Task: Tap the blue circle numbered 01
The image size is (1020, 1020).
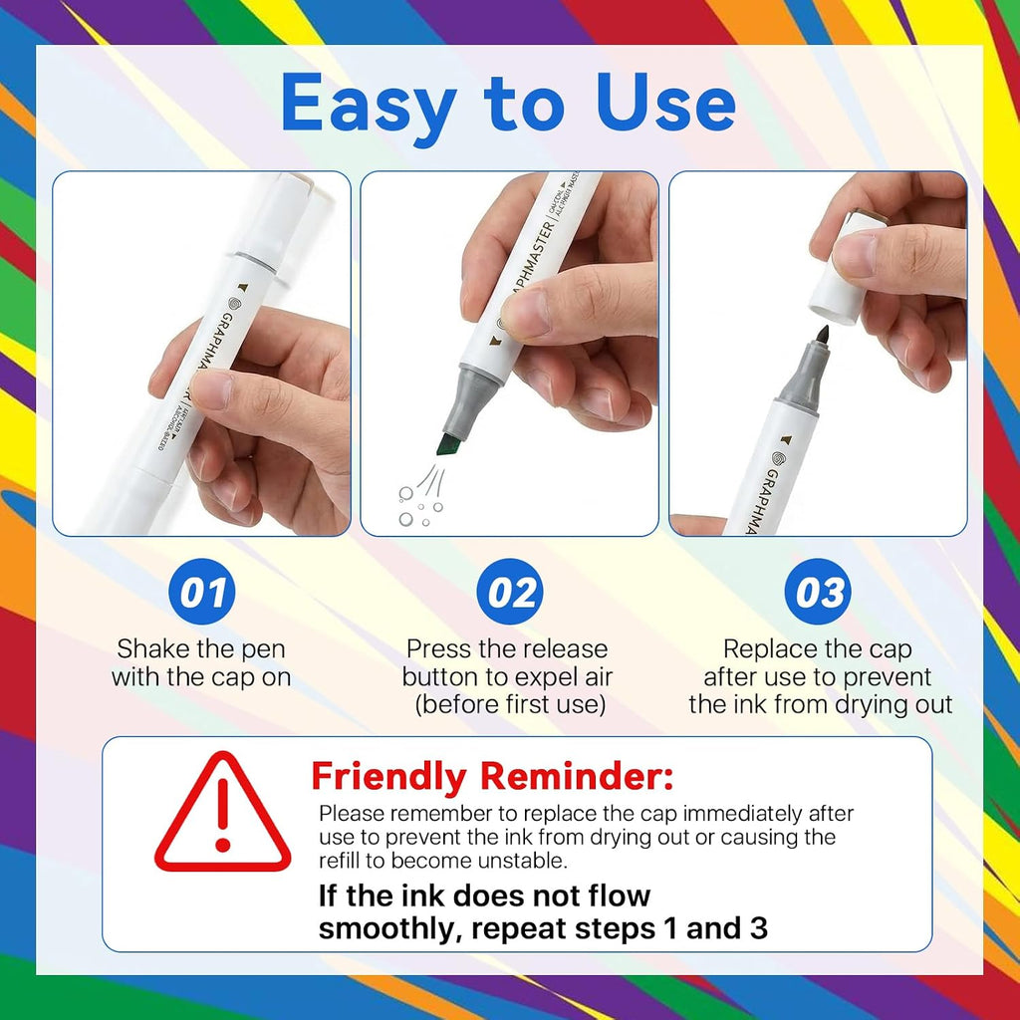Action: click(x=202, y=592)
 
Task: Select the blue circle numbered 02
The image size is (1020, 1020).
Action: click(x=510, y=592)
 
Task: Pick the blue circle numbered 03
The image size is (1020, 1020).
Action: click(x=818, y=592)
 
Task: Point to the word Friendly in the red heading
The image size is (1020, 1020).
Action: click(x=389, y=777)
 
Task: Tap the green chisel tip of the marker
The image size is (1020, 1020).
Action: click(x=448, y=445)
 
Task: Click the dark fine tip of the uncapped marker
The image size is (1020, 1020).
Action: click(x=823, y=336)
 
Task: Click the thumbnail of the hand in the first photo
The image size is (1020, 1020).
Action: click(x=209, y=389)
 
